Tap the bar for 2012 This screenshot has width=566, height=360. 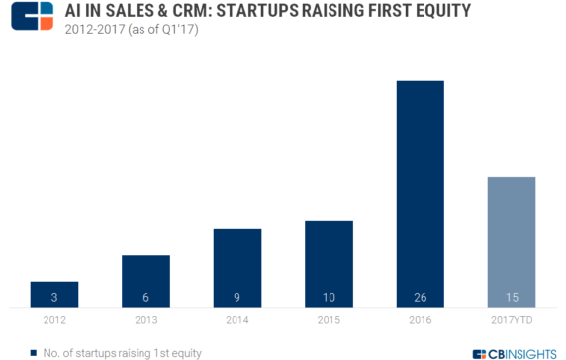click(53, 294)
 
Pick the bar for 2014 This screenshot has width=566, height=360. click(236, 267)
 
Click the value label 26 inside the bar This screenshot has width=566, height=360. click(420, 295)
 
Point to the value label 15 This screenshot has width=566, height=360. click(512, 295)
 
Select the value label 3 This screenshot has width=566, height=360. click(53, 295)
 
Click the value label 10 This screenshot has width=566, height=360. click(329, 295)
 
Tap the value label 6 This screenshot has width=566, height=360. click(145, 295)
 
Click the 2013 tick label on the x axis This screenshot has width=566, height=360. click(145, 319)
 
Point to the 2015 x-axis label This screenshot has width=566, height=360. click(329, 319)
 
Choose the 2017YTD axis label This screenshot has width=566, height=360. click(512, 319)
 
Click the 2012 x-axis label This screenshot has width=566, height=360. click(53, 319)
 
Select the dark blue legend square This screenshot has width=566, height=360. click(35, 350)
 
